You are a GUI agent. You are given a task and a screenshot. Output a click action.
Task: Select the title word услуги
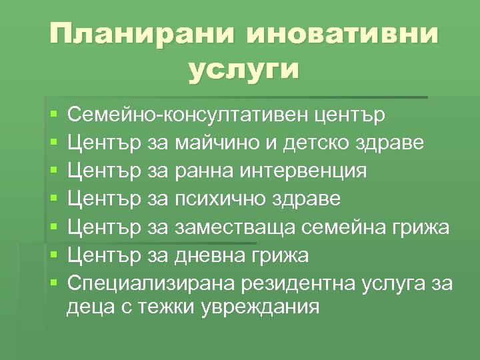(x=243, y=69)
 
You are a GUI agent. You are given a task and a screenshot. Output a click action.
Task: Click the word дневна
(x=207, y=255)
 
